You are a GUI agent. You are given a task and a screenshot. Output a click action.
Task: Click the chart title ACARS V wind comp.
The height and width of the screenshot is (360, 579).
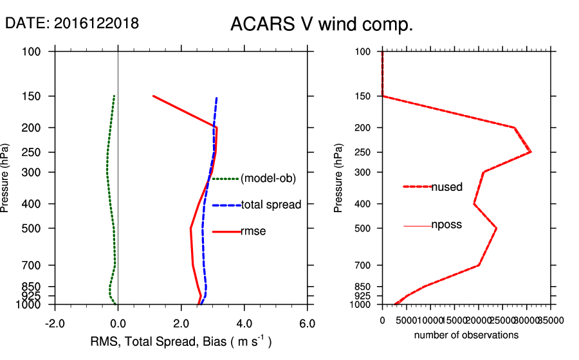pos(322,24)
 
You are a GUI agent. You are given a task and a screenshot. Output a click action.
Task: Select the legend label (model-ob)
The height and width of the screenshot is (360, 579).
pos(268,179)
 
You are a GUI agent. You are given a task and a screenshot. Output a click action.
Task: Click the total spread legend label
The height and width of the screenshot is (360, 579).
pos(271,205)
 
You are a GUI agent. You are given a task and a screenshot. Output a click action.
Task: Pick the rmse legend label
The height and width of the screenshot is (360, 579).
pos(253,231)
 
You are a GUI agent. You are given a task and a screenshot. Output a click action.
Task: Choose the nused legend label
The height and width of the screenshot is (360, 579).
pos(446,187)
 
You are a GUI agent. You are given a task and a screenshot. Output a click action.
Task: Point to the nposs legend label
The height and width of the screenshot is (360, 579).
pos(446,225)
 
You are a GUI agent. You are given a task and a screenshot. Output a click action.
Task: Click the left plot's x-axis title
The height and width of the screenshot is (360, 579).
pos(181,341)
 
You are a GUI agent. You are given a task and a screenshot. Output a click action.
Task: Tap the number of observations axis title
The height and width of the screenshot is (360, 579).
pos(466,335)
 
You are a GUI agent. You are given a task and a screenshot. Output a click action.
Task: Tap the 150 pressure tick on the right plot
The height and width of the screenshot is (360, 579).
pos(363,96)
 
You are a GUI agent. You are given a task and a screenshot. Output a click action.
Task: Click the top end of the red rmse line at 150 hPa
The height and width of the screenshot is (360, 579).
pos(153,96)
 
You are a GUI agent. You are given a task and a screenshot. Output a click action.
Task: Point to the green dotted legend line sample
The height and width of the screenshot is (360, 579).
pos(225,179)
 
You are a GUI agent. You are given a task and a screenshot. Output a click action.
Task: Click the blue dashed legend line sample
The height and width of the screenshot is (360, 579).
pos(225,206)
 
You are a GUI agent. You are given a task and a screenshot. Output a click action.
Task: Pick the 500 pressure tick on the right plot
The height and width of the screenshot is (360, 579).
pos(363,228)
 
